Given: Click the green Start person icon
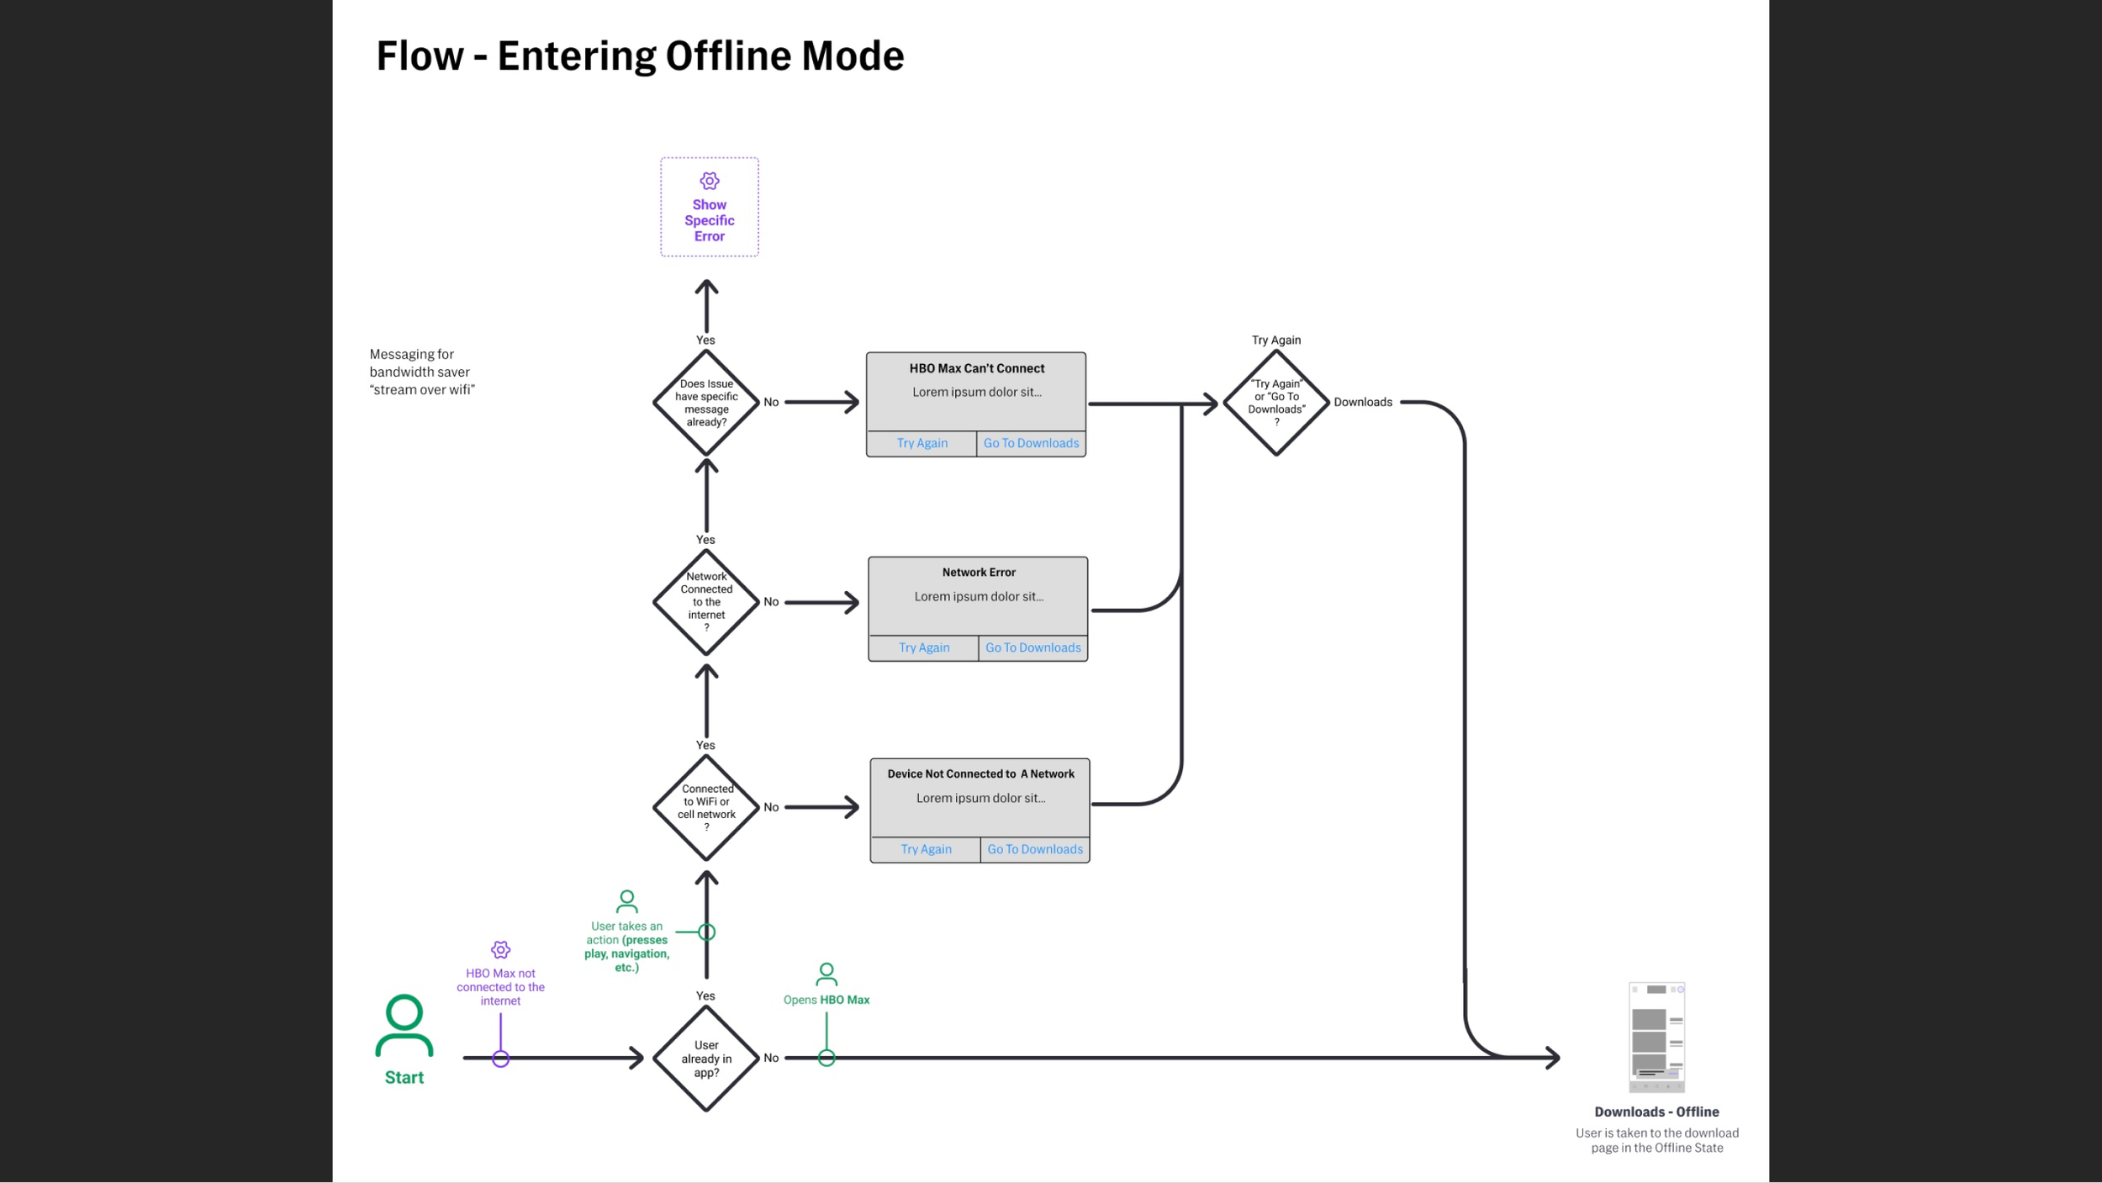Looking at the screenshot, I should tap(404, 1025).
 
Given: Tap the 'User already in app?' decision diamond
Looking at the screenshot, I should tap(706, 1059).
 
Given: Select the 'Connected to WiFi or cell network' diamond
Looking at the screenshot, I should tap(706, 807).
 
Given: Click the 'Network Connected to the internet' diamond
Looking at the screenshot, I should tap(706, 602).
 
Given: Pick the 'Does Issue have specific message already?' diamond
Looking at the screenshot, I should tap(706, 403).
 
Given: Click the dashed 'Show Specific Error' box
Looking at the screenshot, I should tap(709, 207).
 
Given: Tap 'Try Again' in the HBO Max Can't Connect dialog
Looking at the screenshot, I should tap(922, 443).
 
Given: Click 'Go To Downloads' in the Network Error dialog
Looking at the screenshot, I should tap(1033, 647).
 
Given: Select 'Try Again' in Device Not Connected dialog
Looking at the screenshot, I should tap(926, 849).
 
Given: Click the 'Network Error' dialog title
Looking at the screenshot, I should tap(978, 573).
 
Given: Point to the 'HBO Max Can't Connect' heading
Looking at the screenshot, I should tap(976, 368).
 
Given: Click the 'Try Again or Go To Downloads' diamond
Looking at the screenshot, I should tap(1275, 403).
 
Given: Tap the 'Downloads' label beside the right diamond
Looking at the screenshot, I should tap(1362, 402).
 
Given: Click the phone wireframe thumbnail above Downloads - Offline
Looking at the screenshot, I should tap(1656, 1037).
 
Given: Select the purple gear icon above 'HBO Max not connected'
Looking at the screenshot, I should tap(500, 950).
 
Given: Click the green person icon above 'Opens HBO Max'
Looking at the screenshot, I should tap(827, 974).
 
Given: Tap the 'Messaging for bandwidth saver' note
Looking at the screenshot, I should tap(421, 372).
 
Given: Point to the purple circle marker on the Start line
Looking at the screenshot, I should tap(500, 1059).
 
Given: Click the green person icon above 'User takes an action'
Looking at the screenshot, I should tap(626, 901).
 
